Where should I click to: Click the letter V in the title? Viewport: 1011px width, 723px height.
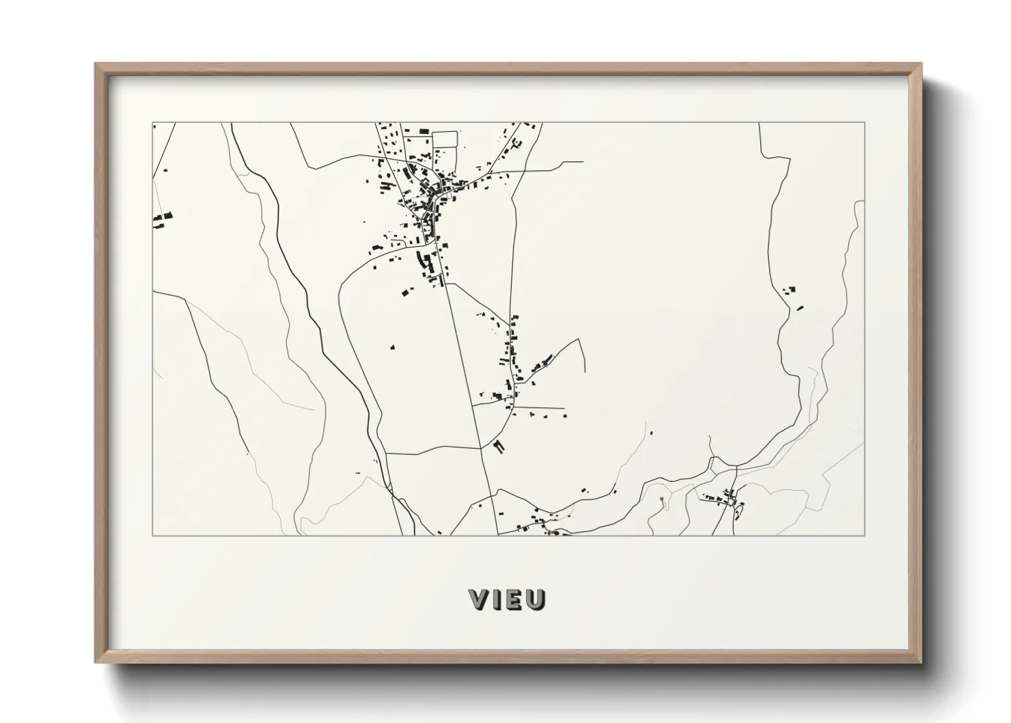(480, 599)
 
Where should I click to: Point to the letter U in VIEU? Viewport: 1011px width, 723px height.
(536, 599)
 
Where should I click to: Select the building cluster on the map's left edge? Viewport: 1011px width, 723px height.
(162, 219)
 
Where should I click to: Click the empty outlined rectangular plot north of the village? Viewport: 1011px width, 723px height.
(445, 139)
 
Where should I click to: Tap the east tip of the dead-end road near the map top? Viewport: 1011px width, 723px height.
(583, 162)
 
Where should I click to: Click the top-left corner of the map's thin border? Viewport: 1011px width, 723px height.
(153, 123)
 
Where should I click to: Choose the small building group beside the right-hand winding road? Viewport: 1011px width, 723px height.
(792, 295)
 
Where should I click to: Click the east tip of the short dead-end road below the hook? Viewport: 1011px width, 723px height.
(565, 409)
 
